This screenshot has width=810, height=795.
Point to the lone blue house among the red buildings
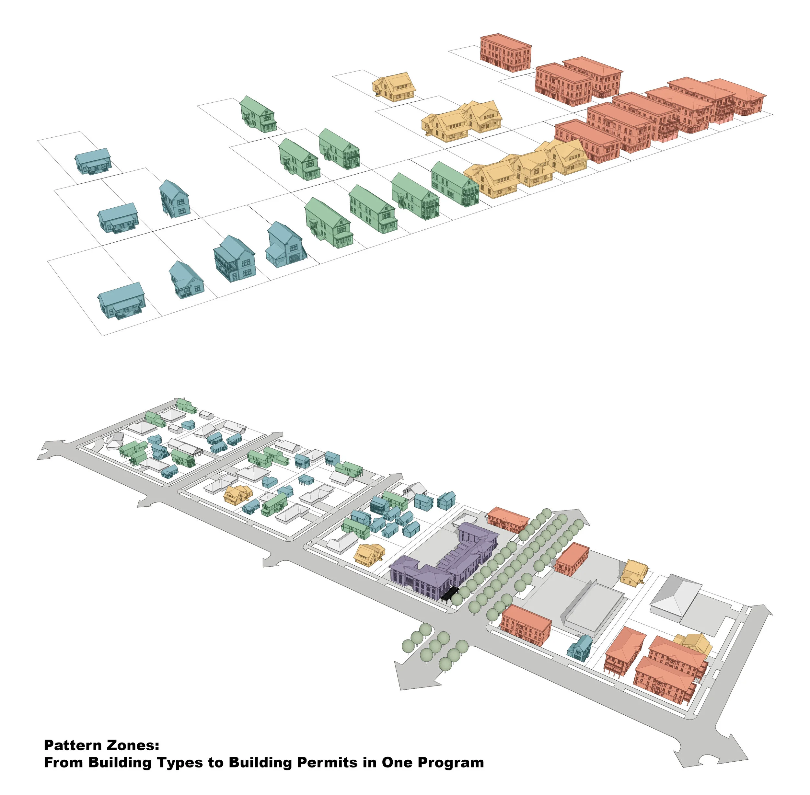click(x=580, y=648)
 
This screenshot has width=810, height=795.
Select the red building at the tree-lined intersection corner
click(x=526, y=625)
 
